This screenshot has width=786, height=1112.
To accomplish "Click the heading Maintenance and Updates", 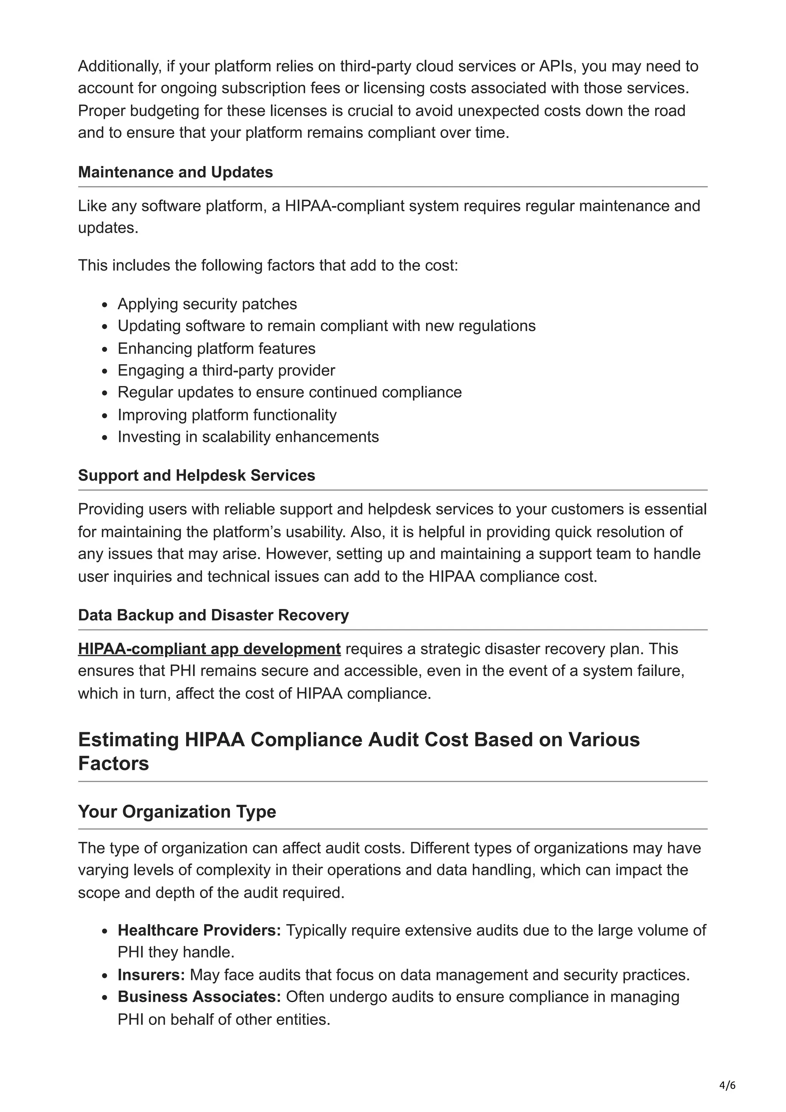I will point(175,172).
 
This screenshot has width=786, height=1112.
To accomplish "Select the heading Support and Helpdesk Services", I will point(196,475).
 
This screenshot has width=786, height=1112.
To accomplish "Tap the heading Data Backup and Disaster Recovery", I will point(213,615).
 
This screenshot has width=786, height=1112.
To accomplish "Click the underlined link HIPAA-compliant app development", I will point(209,649).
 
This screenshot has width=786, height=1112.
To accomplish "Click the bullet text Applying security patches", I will point(207,304).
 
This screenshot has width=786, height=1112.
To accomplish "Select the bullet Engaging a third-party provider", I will point(226,371).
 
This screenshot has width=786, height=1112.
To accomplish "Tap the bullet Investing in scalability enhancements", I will point(248,437).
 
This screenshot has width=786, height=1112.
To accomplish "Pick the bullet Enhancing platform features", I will point(216,349).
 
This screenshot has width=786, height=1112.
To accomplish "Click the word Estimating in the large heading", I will point(128,740).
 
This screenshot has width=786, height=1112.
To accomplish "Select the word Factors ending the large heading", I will point(113,764).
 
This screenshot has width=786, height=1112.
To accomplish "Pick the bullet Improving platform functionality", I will point(227,415).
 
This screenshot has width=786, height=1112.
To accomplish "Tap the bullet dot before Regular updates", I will point(105,393).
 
